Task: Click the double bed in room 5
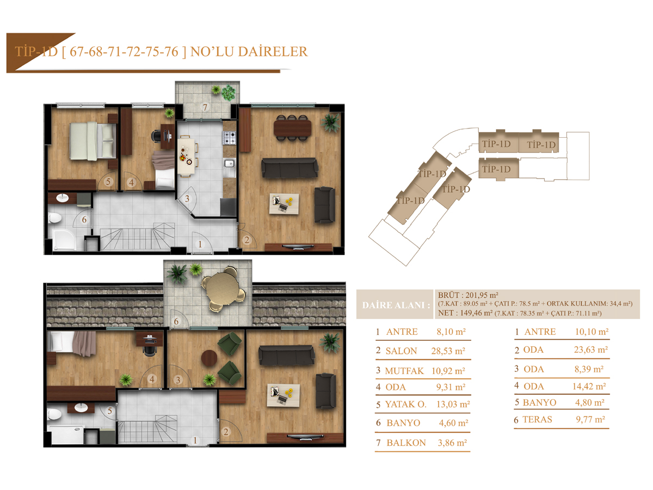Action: click(93, 141)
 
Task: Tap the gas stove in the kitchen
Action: click(230, 138)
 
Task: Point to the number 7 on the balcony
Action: click(205, 107)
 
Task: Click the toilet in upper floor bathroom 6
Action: click(54, 218)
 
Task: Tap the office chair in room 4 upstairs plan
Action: click(157, 136)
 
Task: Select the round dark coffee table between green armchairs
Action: click(209, 358)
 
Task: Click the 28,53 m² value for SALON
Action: click(448, 351)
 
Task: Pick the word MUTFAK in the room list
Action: click(404, 371)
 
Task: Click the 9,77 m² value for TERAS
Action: click(590, 419)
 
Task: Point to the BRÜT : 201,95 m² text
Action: click(468, 295)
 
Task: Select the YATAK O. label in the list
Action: click(406, 405)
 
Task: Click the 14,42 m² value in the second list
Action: click(589, 387)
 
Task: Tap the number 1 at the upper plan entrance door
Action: click(200, 244)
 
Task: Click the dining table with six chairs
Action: click(292, 128)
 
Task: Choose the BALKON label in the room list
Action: click(406, 443)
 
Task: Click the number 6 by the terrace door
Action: click(176, 321)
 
